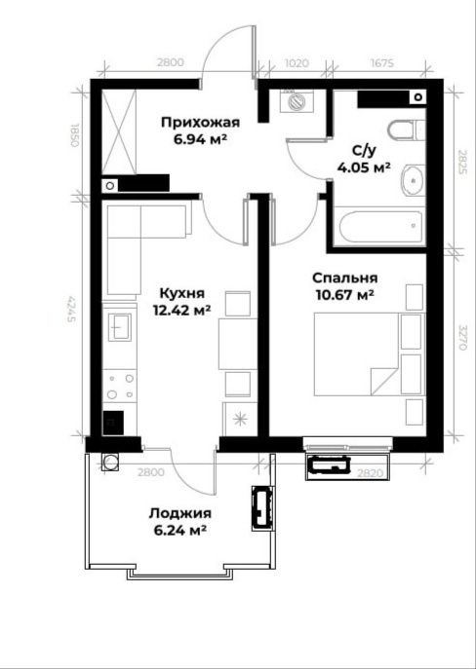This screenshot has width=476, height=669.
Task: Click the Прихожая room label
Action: [199, 123]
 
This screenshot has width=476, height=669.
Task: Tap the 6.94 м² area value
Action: [199, 140]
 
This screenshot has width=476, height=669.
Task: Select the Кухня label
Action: [182, 292]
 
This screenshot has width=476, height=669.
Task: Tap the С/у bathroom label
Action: [365, 150]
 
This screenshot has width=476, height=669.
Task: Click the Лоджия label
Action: [179, 513]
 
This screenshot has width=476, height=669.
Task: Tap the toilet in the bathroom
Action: [403, 130]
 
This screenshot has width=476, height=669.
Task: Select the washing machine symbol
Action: [295, 100]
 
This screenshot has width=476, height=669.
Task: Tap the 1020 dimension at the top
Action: [297, 63]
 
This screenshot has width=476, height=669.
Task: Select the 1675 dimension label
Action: [380, 63]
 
